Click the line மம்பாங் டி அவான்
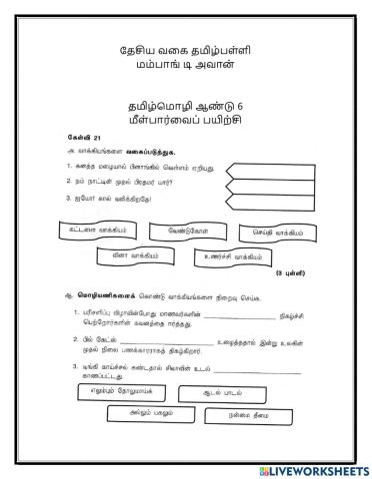[186, 68]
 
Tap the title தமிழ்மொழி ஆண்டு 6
[186, 103]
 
